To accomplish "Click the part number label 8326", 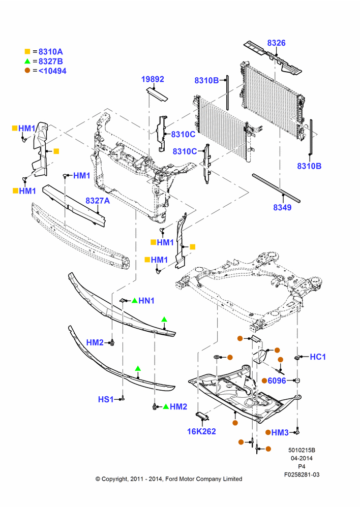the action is point(276,43).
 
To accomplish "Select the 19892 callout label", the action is point(153,79).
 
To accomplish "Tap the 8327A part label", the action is point(98,201).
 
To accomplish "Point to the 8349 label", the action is point(282,207).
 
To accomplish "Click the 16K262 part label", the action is point(201,431).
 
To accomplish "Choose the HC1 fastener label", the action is point(318,357).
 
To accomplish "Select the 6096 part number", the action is point(277,380).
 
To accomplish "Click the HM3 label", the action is point(280,432).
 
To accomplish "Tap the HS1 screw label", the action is point(106,399).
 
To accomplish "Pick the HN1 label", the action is point(146,301).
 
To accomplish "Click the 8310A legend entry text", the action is point(51,52).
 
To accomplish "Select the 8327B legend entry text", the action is point(51,61).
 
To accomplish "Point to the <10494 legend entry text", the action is point(52,71).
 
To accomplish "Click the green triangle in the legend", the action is point(27,61).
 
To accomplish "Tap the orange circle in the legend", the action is point(27,71).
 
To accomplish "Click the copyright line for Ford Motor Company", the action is point(169,479).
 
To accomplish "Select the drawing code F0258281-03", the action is point(302,474).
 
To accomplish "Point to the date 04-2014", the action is point(302,458).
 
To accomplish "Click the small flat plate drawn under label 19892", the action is point(157,93).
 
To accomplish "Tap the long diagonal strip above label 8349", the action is point(276,188).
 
